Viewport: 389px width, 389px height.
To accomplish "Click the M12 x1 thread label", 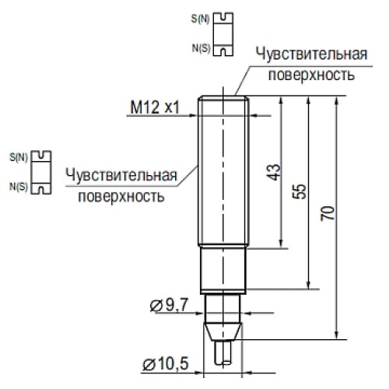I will coord(155,108).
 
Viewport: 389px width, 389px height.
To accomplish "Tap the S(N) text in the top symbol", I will coord(198,17).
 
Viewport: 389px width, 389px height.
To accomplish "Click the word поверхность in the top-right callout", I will coord(311,75).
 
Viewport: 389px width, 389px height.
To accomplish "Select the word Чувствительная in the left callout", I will coord(121,174).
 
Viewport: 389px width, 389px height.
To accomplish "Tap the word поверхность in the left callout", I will coord(121,195).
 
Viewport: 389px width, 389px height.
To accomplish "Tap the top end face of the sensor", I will coord(223,96).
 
